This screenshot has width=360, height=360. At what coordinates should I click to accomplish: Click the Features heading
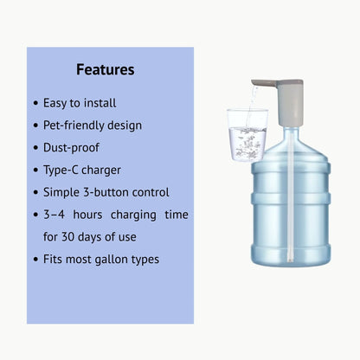click(x=105, y=69)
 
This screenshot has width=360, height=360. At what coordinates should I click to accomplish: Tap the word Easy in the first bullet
click(x=55, y=103)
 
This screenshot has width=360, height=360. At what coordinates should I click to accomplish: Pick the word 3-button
click(x=107, y=192)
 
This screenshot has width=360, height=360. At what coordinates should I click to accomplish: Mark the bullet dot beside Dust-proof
click(x=35, y=148)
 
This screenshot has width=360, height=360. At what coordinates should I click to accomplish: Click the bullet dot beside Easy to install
click(x=35, y=103)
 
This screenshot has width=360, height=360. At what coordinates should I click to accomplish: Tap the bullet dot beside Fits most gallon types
click(x=35, y=259)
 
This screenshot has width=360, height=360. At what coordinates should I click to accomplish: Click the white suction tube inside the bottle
click(x=287, y=208)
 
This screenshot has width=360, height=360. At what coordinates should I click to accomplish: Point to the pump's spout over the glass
click(x=261, y=84)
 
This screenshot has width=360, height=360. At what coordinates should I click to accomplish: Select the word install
click(x=99, y=103)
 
